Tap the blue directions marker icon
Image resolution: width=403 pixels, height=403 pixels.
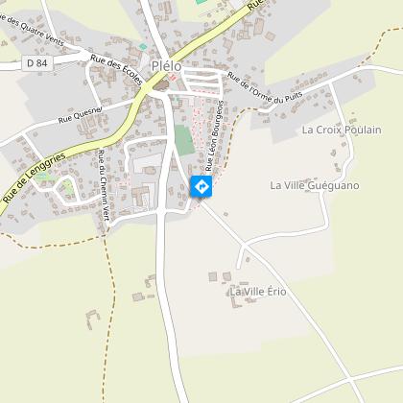(x=202, y=187)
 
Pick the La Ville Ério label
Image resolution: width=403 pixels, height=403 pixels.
(x=257, y=291)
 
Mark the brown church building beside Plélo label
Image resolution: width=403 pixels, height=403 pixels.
(x=160, y=85)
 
